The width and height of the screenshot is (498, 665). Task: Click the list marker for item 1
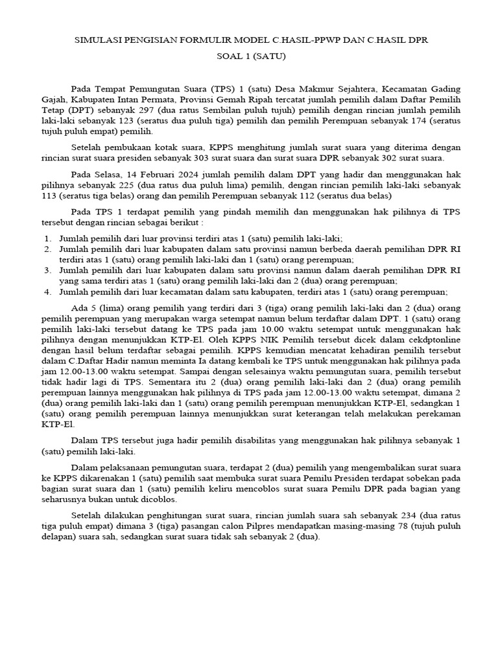(x=49, y=238)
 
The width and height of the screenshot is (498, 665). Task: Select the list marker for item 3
(x=49, y=270)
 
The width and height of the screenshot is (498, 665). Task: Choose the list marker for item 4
(x=49, y=292)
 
